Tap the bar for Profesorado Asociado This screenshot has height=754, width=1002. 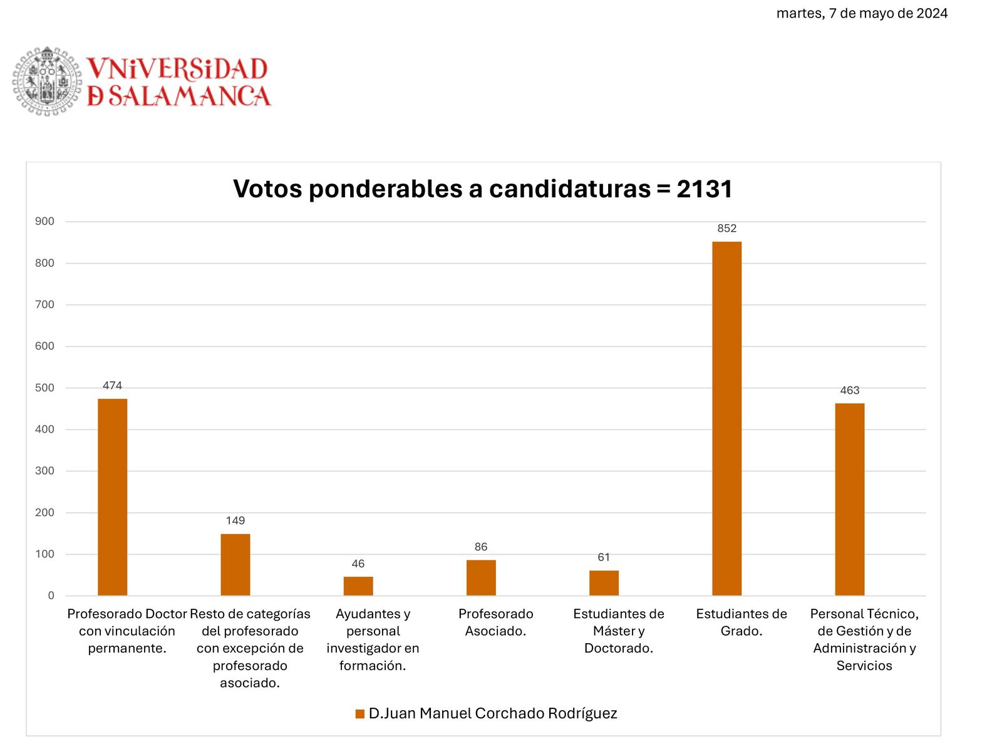[x=481, y=577]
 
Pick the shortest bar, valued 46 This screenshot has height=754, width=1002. [x=358, y=586]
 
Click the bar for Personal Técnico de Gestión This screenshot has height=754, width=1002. [x=849, y=499]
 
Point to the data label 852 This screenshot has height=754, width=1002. [x=726, y=229]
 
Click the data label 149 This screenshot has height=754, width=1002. [x=235, y=520]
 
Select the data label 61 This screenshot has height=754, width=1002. [x=604, y=557]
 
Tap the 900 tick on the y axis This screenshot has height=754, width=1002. [x=44, y=221]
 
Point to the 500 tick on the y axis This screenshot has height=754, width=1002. [x=44, y=388]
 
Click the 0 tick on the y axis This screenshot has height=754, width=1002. [x=51, y=596]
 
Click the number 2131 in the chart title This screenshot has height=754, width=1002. [x=705, y=189]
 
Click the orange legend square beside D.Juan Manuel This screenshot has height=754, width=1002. [x=360, y=714]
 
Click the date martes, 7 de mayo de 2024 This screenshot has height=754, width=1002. [x=862, y=13]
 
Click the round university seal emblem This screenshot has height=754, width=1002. [x=47, y=81]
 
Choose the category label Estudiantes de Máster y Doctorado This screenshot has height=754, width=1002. [x=619, y=631]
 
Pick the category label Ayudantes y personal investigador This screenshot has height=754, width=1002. [x=373, y=639]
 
